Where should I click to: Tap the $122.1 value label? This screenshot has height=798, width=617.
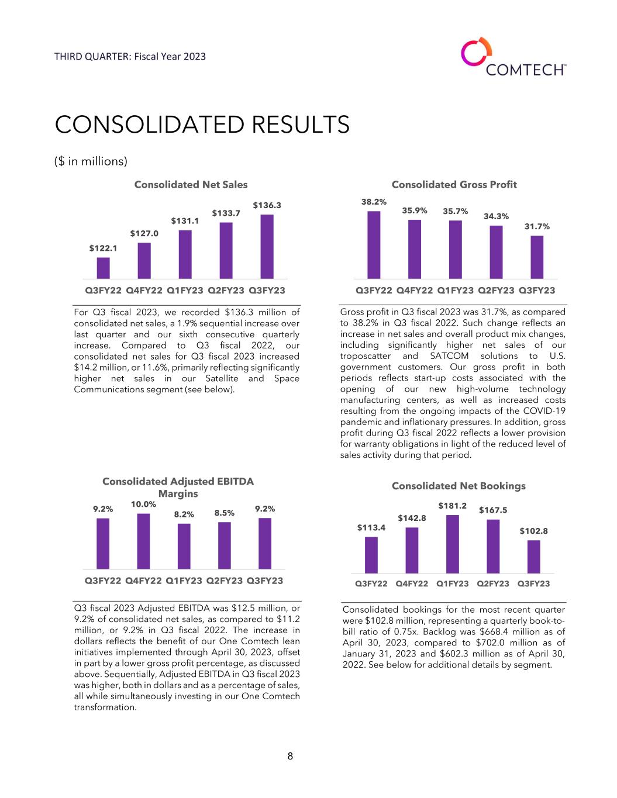[x=103, y=248]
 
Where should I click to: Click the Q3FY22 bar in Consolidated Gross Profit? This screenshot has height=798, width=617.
[x=374, y=245]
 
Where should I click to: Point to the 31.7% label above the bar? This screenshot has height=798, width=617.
[x=537, y=226]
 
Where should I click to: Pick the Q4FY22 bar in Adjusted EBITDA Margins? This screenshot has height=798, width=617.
[x=143, y=541]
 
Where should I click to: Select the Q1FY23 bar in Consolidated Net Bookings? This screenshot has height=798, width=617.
[x=453, y=544]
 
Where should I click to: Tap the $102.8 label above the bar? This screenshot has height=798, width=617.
[x=534, y=531]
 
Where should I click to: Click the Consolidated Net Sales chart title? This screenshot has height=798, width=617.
[x=191, y=185]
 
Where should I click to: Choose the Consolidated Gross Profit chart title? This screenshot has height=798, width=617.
[x=454, y=185]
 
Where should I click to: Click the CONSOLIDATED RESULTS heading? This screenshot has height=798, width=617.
[x=202, y=125]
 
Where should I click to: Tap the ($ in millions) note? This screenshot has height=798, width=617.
[x=91, y=161]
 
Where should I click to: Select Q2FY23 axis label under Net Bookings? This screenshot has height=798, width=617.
[x=493, y=583]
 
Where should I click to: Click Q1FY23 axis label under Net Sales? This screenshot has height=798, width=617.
[x=185, y=290]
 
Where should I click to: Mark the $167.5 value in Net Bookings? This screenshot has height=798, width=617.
[x=493, y=510]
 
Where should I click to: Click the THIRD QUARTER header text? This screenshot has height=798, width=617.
[x=130, y=57]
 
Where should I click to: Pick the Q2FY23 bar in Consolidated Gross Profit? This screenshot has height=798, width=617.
[x=496, y=252]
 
